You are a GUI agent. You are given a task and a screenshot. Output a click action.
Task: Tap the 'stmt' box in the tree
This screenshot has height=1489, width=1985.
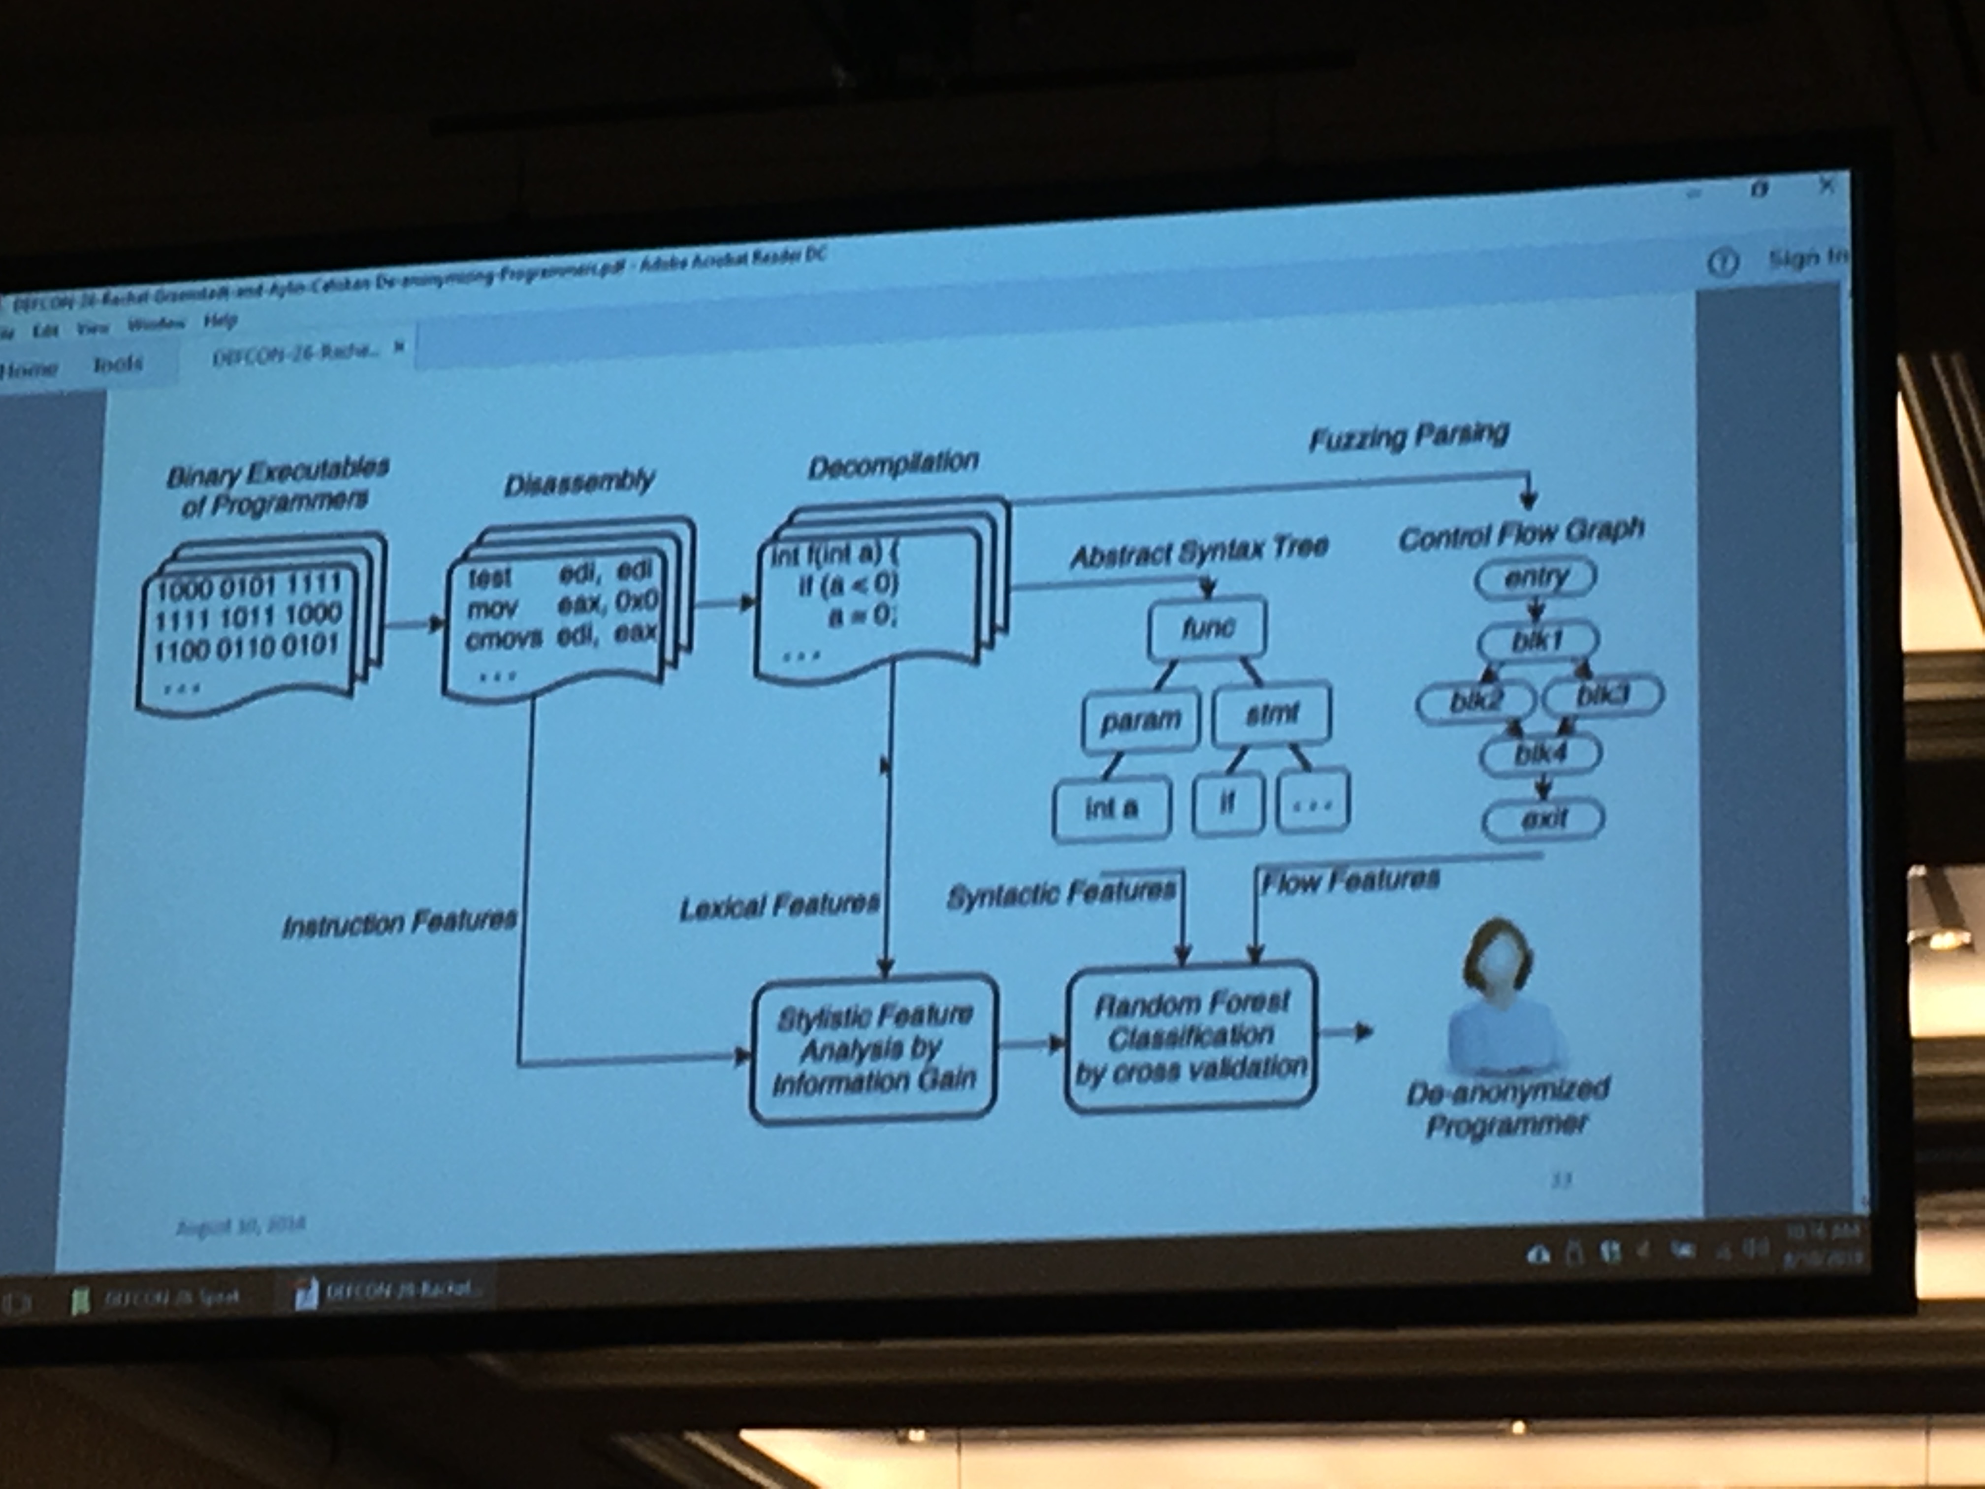tap(1271, 714)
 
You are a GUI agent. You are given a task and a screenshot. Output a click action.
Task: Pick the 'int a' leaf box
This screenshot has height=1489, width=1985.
tap(1111, 809)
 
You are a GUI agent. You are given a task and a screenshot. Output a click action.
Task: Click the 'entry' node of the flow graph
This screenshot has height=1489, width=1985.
tap(1536, 577)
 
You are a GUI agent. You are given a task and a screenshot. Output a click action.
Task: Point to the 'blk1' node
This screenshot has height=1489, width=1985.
tap(1537, 640)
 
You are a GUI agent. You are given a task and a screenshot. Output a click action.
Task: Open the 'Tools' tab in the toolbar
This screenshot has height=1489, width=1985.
tap(118, 363)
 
